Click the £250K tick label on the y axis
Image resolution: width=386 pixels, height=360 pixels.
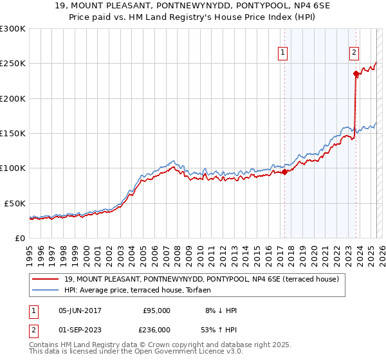[x=13, y=64]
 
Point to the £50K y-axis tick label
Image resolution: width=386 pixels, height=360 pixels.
[x=15, y=203]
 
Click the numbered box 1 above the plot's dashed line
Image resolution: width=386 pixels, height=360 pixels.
[x=283, y=53]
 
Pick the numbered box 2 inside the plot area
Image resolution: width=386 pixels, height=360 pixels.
[x=354, y=53]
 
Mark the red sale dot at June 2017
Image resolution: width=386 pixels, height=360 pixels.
[x=284, y=172]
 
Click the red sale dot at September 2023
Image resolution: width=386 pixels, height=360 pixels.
[x=356, y=73]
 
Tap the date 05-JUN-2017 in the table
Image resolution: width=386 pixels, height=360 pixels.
[x=80, y=310]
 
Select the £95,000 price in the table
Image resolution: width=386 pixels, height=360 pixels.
[x=156, y=310]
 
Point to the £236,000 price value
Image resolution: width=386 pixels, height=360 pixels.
[x=156, y=329]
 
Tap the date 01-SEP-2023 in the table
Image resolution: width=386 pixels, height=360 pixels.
[x=80, y=329]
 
